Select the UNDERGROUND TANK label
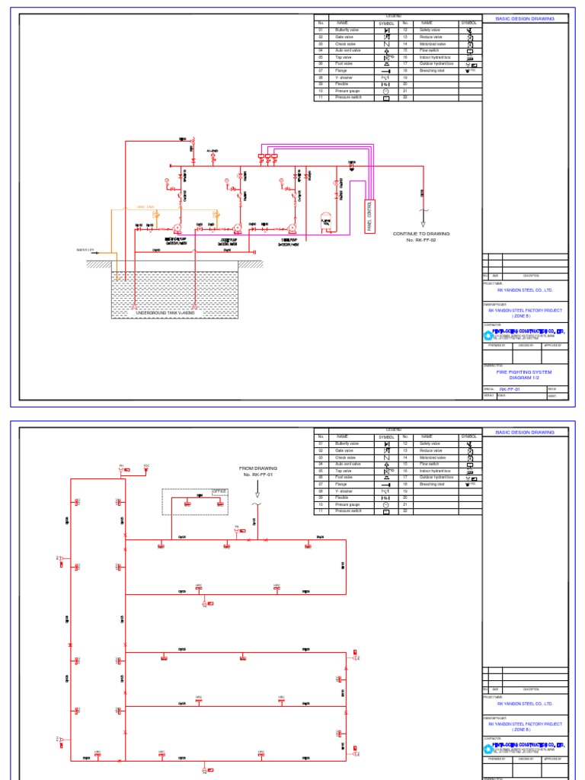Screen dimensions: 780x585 click(x=165, y=313)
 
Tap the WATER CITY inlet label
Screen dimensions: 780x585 click(x=85, y=249)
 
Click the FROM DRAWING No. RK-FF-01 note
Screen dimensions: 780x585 click(x=258, y=472)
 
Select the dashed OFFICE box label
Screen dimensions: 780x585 click(x=220, y=491)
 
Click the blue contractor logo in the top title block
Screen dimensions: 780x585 click(x=488, y=332)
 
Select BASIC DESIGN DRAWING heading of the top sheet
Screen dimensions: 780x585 click(x=525, y=19)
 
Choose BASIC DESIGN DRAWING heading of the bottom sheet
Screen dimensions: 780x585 click(x=525, y=432)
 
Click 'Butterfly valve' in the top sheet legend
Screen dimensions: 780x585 click(x=349, y=30)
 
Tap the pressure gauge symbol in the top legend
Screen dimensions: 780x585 click(x=386, y=91)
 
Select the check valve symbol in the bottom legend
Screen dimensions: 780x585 click(x=386, y=457)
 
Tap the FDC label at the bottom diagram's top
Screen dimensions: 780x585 click(x=147, y=465)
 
